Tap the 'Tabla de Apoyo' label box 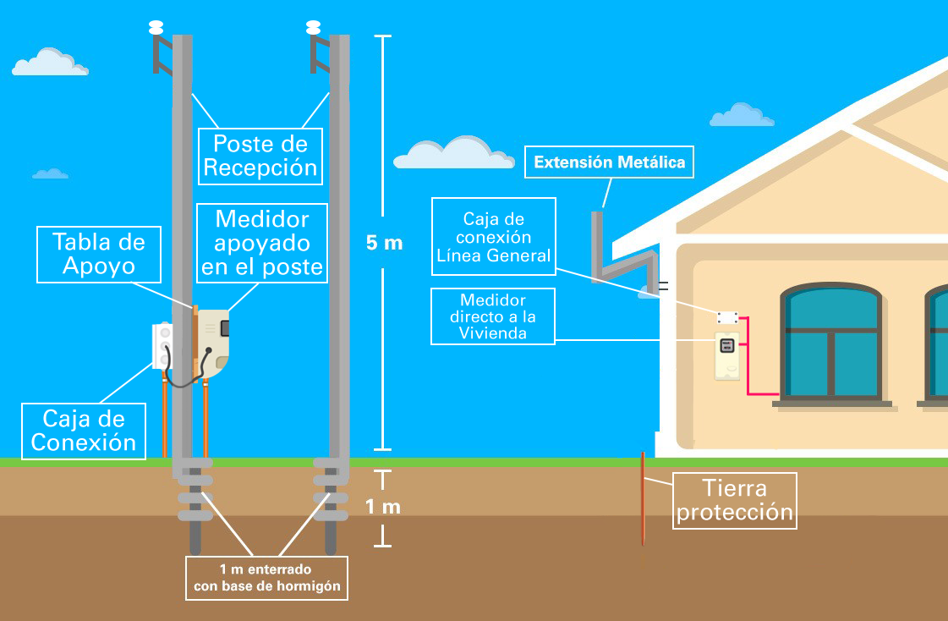pyautogui.click(x=99, y=255)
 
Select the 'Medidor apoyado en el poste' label pyautogui.click(x=261, y=243)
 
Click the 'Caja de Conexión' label pyautogui.click(x=83, y=431)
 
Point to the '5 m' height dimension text pyautogui.click(x=384, y=244)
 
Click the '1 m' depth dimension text pyautogui.click(x=382, y=507)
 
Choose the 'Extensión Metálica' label pyautogui.click(x=609, y=162)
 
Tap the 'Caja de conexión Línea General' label pyautogui.click(x=493, y=237)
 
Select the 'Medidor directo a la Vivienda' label pyautogui.click(x=493, y=316)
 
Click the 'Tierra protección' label pyautogui.click(x=735, y=500)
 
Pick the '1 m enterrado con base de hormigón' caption pyautogui.click(x=266, y=578)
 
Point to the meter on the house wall pyautogui.click(x=726, y=356)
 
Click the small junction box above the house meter pyautogui.click(x=728, y=317)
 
